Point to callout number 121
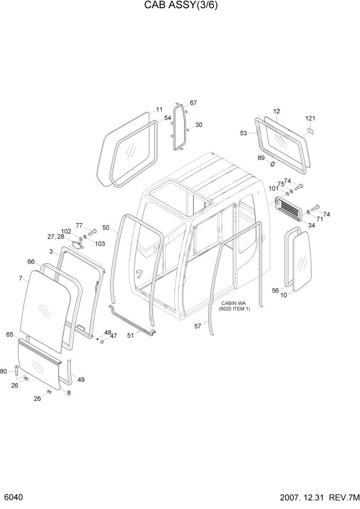pyautogui.click(x=310, y=119)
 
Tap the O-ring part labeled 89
pyautogui.click(x=272, y=164)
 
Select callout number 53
pyautogui.click(x=244, y=133)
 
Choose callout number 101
pyautogui.click(x=274, y=188)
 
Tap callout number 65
pyautogui.click(x=9, y=334)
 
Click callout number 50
pyautogui.click(x=106, y=227)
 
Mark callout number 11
pyautogui.click(x=159, y=109)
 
